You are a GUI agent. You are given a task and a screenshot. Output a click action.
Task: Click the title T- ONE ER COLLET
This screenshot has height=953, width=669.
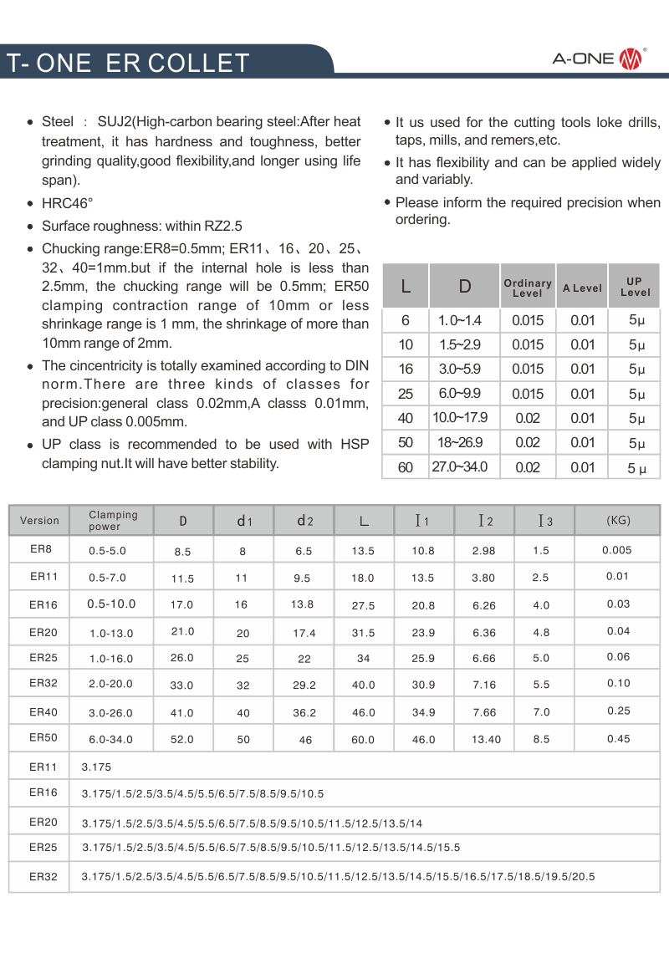point(128,63)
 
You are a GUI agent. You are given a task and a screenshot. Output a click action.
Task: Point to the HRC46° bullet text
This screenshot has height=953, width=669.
point(68,203)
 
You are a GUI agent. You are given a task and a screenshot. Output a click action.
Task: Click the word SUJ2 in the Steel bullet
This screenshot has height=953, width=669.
point(115,122)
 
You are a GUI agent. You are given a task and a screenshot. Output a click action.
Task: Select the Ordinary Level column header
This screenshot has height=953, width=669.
point(528,288)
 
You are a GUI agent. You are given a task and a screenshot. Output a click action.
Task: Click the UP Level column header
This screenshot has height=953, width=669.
point(635,287)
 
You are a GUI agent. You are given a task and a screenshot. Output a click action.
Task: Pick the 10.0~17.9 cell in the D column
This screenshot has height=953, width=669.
point(460,418)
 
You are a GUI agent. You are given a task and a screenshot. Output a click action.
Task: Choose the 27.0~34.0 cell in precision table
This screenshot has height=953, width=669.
point(460,467)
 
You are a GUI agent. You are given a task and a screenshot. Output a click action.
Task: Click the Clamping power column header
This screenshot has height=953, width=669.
point(113,520)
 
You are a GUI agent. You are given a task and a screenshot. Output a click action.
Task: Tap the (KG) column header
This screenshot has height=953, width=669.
point(618,521)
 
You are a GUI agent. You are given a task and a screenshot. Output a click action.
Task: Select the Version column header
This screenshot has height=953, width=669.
point(39,521)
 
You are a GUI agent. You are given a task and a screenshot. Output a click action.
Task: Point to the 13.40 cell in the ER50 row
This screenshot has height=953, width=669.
point(486,739)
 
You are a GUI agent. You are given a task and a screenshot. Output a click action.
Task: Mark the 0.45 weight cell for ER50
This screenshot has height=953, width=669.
point(619,738)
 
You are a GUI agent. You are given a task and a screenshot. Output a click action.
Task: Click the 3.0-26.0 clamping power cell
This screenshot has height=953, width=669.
point(110,712)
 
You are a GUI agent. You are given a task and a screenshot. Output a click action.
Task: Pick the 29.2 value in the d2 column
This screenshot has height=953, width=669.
point(304,685)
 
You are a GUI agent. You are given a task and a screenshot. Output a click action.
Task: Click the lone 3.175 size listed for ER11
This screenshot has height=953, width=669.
point(96,767)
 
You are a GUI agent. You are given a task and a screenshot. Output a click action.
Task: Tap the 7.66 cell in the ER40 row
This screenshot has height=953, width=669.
point(484,712)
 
